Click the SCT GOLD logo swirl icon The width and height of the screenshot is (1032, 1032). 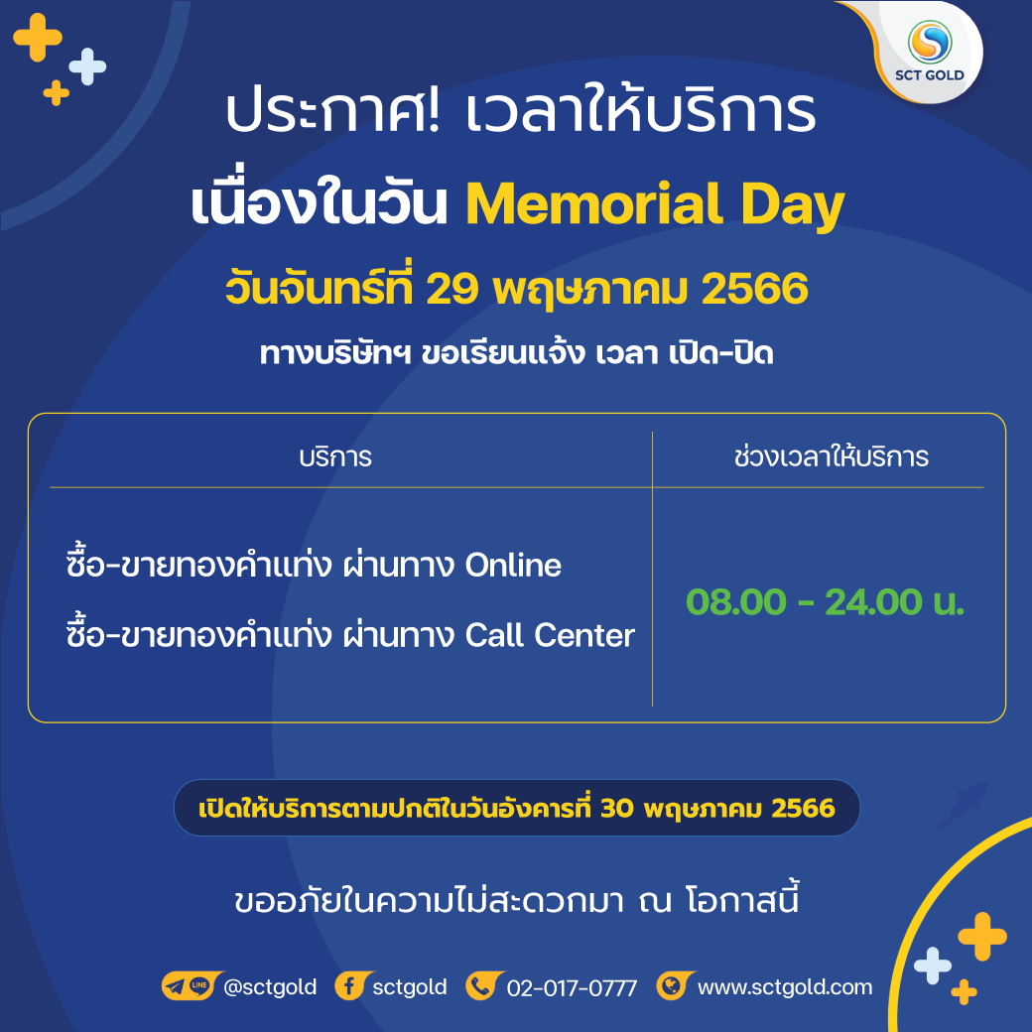coord(930,42)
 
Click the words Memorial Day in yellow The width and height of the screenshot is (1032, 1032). coord(655,205)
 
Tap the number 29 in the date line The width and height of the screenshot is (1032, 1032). coord(451,289)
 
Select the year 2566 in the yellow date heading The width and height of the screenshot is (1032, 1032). coord(754,289)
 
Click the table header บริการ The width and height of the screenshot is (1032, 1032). coord(335,457)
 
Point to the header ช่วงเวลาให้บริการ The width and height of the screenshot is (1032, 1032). coord(832,456)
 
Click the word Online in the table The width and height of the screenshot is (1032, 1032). coord(513,566)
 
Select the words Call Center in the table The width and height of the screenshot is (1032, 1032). coord(550,635)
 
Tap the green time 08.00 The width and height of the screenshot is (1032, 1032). coord(736,602)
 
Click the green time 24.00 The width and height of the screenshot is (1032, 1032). coord(873,602)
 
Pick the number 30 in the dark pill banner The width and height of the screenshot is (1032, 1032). coord(616,808)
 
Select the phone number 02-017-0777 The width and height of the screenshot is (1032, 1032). coord(572,988)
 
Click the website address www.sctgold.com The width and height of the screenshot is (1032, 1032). coord(785,987)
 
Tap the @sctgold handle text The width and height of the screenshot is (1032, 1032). coord(270,987)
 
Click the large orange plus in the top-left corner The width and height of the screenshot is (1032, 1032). coord(38,38)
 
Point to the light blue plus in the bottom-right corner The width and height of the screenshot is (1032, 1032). coord(933,966)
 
